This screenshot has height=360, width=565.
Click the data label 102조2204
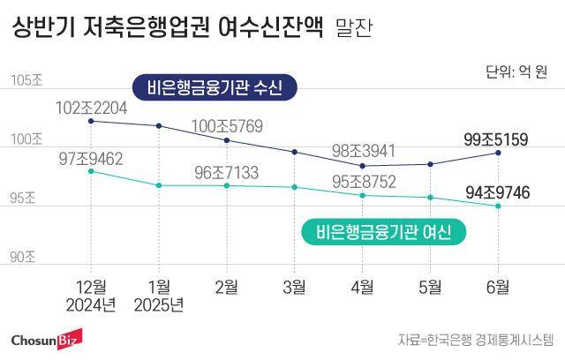91,108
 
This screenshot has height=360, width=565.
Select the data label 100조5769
227,125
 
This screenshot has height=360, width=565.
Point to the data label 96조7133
227,172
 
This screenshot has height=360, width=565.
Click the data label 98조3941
363,151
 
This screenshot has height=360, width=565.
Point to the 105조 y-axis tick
26,81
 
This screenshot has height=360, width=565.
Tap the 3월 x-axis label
295,286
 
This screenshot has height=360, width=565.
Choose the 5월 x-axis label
431,286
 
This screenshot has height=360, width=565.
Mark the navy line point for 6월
499,153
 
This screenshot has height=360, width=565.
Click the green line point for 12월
91,171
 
